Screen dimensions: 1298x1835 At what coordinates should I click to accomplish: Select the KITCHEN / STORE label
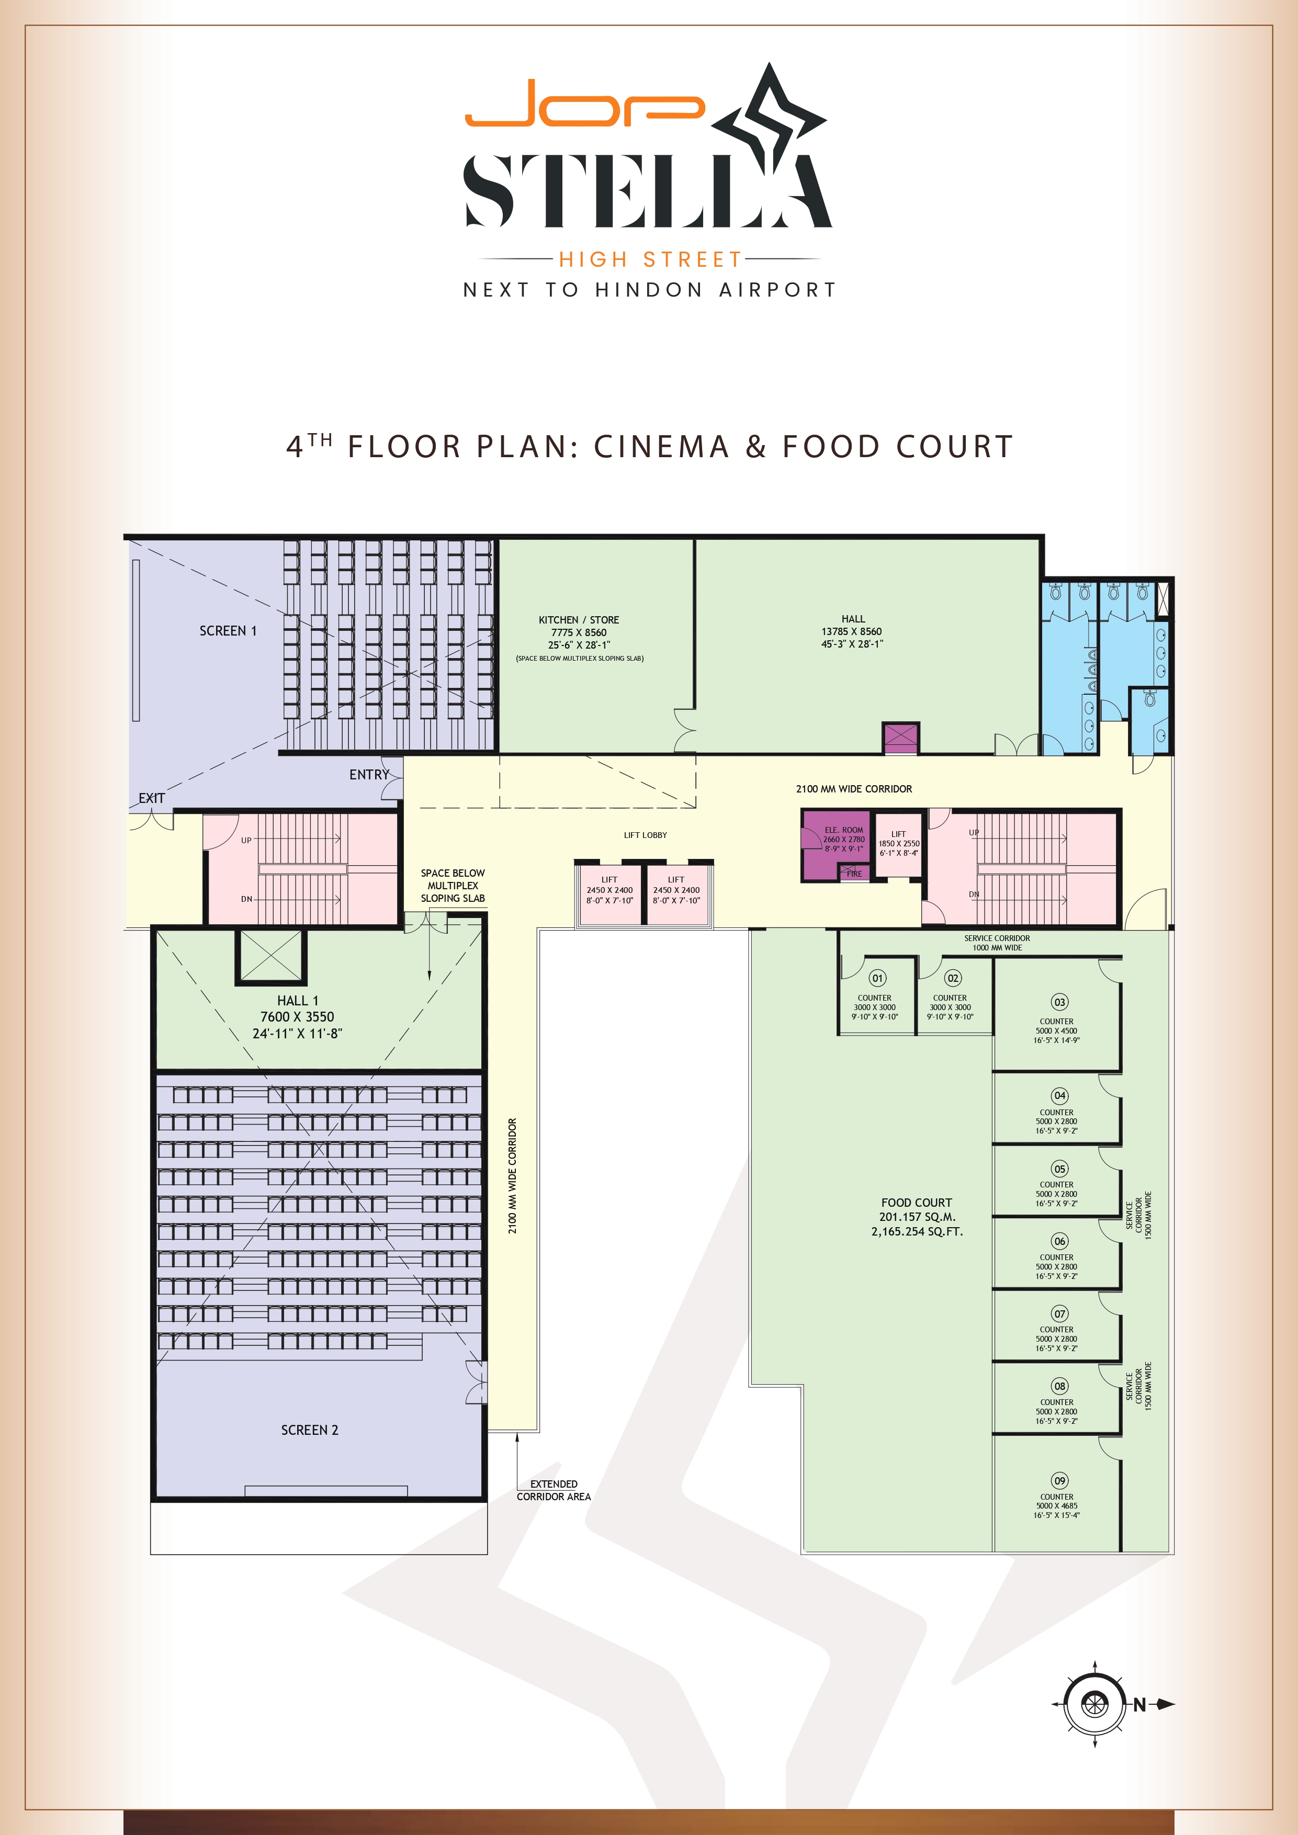[x=579, y=619]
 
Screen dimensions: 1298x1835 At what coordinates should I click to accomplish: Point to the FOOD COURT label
[x=917, y=1202]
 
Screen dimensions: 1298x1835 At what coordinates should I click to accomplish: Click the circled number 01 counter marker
[x=877, y=978]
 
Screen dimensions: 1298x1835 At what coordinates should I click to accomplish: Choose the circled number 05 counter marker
[x=1060, y=1169]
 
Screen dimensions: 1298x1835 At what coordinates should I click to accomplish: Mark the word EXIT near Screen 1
[x=151, y=798]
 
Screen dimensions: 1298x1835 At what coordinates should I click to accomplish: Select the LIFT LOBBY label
[x=645, y=835]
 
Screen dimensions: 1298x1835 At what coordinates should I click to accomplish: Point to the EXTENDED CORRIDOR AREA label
[x=554, y=1490]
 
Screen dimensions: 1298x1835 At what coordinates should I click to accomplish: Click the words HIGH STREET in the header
[x=651, y=260]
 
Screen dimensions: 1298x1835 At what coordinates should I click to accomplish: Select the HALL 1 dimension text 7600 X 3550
[x=297, y=1016]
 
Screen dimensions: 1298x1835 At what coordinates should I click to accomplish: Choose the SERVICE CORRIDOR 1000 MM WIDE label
[x=997, y=943]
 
